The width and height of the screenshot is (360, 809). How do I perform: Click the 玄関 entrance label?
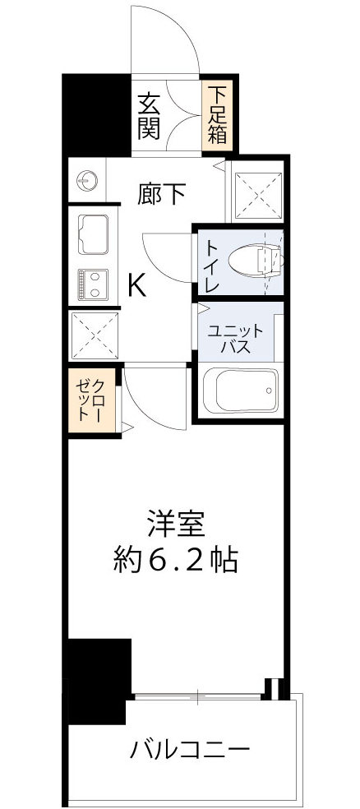point(149,117)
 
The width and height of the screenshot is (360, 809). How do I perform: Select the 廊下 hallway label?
point(161,194)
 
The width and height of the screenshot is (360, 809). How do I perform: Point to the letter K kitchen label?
point(137,284)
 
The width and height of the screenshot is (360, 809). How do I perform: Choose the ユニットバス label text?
point(234,338)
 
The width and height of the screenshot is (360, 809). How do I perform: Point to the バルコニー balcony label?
point(189,750)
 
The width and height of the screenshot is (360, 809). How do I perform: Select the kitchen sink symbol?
point(94,233)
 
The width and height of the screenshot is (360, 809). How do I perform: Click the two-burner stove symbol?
point(93,285)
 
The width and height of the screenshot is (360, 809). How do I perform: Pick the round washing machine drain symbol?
point(88,179)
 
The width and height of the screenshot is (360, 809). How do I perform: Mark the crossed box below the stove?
point(94,336)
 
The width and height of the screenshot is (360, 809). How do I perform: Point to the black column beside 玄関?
point(97,114)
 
